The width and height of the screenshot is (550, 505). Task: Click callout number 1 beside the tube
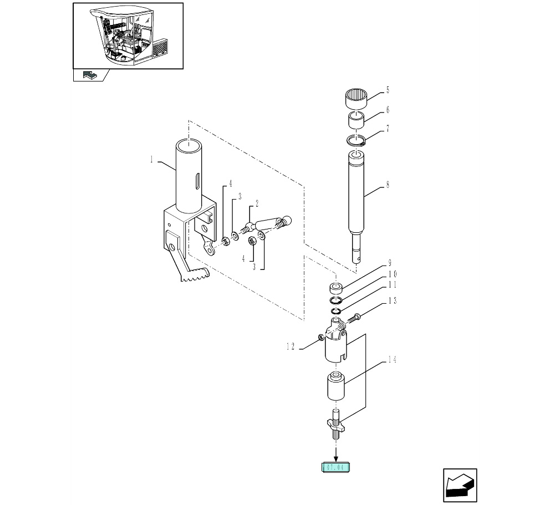(151, 160)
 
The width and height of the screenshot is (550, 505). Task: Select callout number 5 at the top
(387, 90)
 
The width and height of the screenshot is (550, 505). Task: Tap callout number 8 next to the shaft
(387, 185)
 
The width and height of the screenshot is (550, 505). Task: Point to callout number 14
(391, 360)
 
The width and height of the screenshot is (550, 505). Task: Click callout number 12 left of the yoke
(290, 347)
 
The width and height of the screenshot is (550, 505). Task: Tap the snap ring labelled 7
(355, 141)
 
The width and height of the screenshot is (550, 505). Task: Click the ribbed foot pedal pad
(195, 276)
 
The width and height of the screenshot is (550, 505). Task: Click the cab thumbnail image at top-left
(128, 36)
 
